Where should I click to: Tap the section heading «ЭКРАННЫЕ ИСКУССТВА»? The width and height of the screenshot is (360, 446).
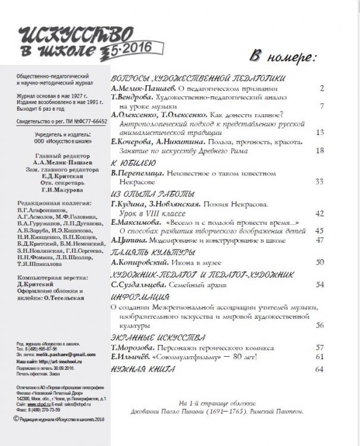pyautogui.click(x=158, y=336)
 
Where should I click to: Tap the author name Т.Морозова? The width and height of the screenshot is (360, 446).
pyautogui.click(x=137, y=347)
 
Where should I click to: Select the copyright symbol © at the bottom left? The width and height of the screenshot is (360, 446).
pyautogui.click(x=16, y=419)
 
